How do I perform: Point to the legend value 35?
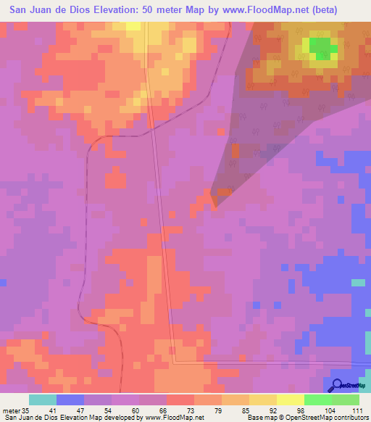(25, 410)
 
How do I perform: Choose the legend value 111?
(357, 410)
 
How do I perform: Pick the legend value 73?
(179, 410)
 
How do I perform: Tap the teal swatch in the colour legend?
(43, 400)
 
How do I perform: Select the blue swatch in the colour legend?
(70, 400)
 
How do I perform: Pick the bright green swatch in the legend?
(318, 400)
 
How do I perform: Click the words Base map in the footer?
(259, 417)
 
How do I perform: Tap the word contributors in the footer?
(349, 417)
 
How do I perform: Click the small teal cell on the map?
(358, 282)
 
